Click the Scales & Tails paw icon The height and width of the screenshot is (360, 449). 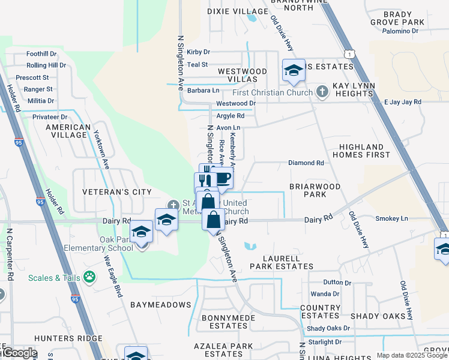89,277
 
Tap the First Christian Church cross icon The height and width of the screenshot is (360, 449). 322,92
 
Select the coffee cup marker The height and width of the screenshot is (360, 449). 222,178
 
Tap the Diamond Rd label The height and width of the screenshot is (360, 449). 306,163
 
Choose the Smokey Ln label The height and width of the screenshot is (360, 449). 391,219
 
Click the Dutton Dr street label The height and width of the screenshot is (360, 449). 337,282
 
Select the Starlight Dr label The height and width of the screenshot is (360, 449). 325,342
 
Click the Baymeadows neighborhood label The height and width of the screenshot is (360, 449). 161,305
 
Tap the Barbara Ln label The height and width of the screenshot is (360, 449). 203,91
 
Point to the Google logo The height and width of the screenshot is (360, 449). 19,353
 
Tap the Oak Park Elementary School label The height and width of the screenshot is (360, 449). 108,244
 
